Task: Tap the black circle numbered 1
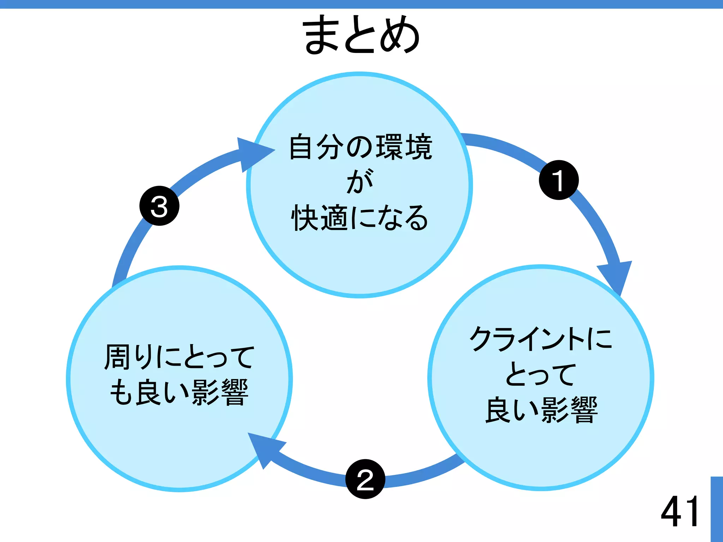[558, 180]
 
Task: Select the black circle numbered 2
[365, 479]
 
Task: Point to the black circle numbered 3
[159, 206]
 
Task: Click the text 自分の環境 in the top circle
[360, 147]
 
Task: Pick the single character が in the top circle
[360, 181]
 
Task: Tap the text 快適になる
[360, 217]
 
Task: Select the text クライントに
[540, 338]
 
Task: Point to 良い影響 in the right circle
[541, 410]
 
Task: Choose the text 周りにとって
[179, 357]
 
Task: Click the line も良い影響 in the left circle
[179, 392]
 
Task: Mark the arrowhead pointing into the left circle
[264, 448]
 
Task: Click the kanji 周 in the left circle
[118, 357]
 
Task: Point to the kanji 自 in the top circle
[302, 147]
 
